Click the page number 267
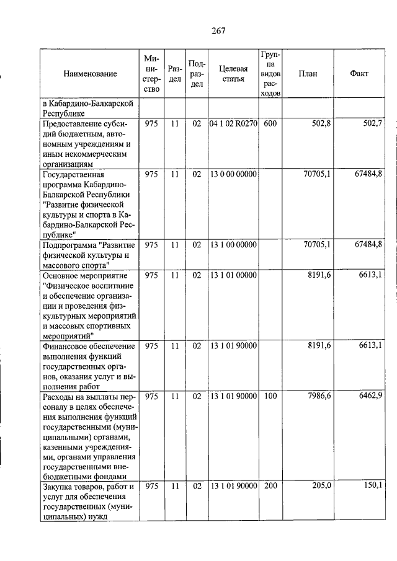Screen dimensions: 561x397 (216, 31)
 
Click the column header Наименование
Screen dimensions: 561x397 (90, 74)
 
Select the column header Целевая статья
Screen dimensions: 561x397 (233, 74)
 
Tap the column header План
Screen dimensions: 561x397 (308, 74)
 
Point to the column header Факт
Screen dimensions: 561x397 (359, 74)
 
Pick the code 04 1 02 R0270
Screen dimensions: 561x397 (233, 124)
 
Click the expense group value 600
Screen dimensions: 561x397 (270, 124)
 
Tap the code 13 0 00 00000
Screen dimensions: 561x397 (233, 174)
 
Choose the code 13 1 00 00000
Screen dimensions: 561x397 (233, 245)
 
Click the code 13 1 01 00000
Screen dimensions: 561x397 (233, 275)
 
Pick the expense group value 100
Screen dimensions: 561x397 (270, 395)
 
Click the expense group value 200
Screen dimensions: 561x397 (270, 487)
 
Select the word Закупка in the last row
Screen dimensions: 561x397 (57, 487)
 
